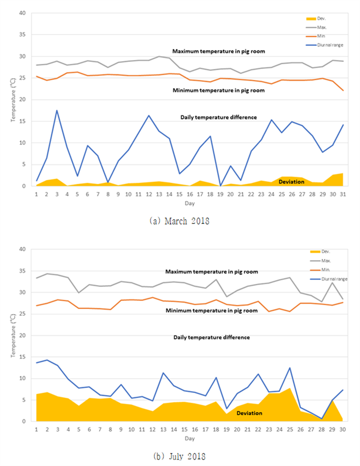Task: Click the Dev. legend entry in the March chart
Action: [x=316, y=19]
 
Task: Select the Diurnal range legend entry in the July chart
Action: [x=328, y=279]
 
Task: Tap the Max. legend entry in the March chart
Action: [x=316, y=27]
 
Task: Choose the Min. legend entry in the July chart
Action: [x=320, y=270]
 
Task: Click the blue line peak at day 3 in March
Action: [x=57, y=110]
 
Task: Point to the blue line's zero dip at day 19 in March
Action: [x=220, y=186]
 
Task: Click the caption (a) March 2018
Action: [x=179, y=221]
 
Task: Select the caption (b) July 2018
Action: [x=179, y=457]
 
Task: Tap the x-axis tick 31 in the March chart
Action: [x=343, y=194]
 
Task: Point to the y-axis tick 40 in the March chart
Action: [x=22, y=13]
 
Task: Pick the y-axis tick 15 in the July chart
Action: [x=22, y=357]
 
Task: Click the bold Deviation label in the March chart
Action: [x=292, y=182]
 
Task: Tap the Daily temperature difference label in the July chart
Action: [x=212, y=337]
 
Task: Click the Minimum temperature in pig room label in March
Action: [x=219, y=90]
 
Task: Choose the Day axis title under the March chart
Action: [x=190, y=203]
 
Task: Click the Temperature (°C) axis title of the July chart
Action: [x=13, y=336]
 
